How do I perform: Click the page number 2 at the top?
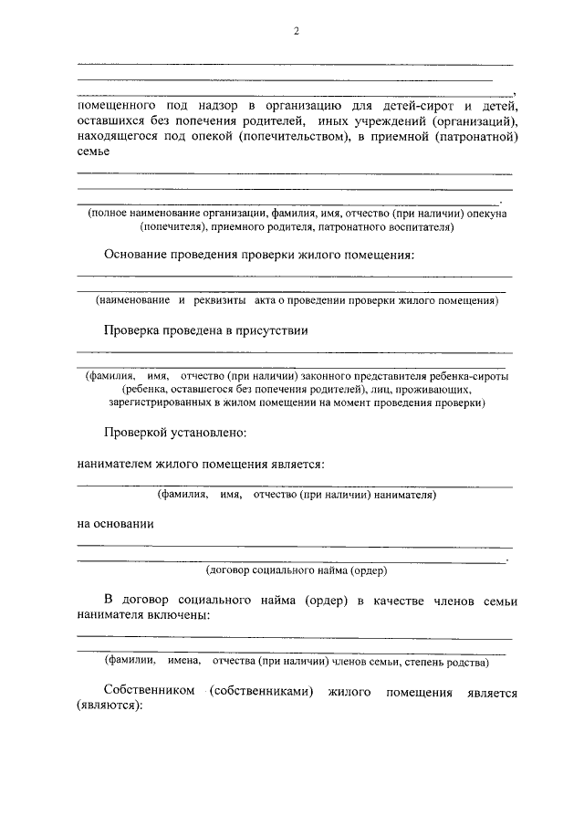click(296, 32)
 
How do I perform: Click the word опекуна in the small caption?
click(485, 213)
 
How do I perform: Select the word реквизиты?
click(226, 299)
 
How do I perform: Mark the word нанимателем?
click(115, 464)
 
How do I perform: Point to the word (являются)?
click(110, 708)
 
